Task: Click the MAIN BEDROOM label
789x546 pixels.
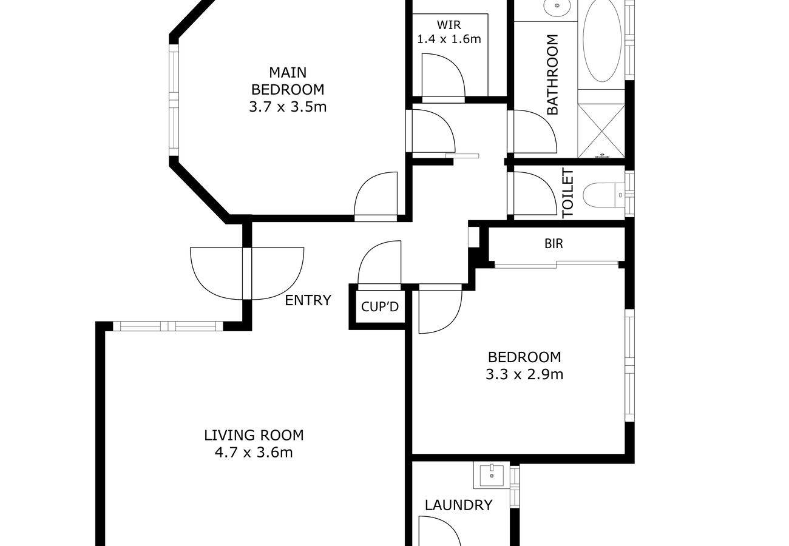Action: coord(288,81)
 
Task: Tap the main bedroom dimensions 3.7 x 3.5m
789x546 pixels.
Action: coord(288,107)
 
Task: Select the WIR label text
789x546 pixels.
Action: coord(449,25)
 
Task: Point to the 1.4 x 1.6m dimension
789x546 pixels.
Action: coord(449,39)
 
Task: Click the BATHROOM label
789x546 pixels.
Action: coord(552,75)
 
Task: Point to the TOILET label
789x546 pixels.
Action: coord(568,194)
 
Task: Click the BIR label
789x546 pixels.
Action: coord(554,244)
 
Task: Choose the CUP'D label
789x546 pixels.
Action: coord(380,307)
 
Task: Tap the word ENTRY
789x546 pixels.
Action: coord(308,300)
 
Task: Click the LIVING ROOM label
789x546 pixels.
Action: coord(254,435)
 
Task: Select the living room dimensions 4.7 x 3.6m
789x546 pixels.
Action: coord(254,452)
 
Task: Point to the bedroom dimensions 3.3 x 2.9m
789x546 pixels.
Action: coord(524,374)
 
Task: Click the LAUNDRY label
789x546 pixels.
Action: coord(458,505)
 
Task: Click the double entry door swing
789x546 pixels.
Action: coord(247,273)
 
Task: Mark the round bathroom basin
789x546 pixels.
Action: coord(556,8)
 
